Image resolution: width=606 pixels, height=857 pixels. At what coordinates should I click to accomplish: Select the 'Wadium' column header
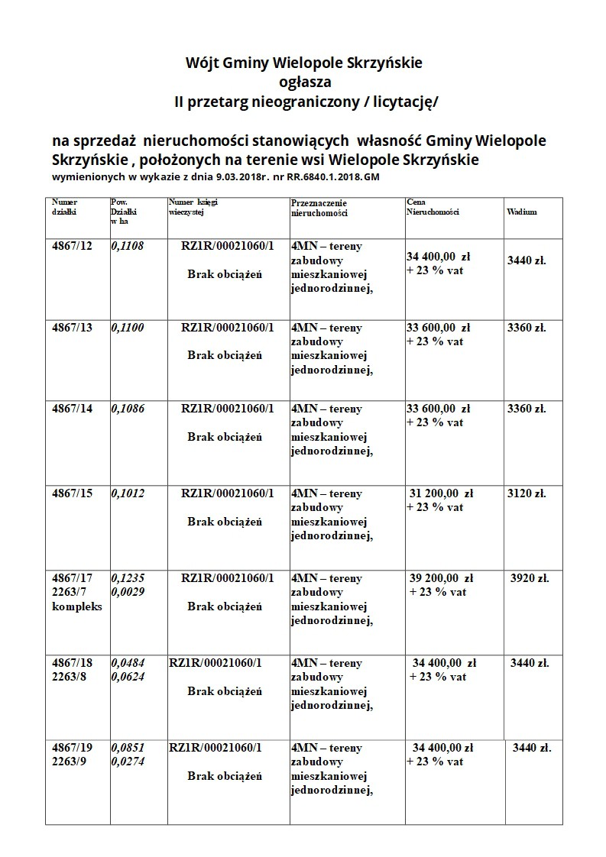coord(521,212)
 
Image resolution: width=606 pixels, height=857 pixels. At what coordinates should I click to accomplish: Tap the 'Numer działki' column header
coord(65,207)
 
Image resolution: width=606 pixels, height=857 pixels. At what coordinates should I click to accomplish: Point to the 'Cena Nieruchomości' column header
coord(433,207)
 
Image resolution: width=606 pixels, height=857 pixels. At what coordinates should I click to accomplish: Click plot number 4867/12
coord(72,246)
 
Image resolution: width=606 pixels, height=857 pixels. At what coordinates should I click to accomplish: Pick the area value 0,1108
coord(128,246)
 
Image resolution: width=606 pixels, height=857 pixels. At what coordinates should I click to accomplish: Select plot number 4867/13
coord(72,328)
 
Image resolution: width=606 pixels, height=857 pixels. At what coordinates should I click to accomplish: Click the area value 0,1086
coord(128,409)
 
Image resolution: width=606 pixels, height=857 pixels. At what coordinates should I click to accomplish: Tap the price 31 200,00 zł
coord(442,493)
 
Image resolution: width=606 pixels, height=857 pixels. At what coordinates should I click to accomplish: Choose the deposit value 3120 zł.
coord(527,493)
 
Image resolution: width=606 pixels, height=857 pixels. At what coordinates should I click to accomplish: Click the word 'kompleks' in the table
coord(77,606)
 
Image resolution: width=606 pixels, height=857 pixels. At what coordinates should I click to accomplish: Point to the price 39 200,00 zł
coord(442,578)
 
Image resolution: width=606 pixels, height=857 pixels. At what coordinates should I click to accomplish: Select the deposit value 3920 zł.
coord(530,578)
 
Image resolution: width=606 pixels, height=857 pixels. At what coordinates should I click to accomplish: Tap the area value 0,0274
coord(128,762)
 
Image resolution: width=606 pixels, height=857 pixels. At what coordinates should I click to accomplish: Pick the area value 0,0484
coord(128,663)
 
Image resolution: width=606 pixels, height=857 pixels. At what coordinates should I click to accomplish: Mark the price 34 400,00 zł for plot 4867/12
coord(439,257)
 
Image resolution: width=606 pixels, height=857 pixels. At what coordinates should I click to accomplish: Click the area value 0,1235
coord(128,578)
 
